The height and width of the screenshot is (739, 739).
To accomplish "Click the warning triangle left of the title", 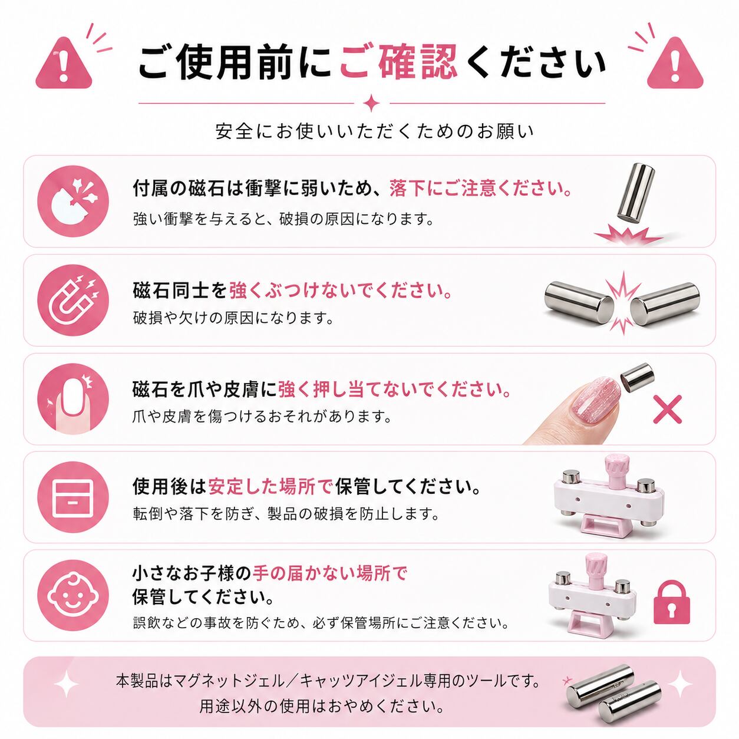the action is point(64,64).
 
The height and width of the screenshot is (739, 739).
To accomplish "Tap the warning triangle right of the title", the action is point(675,64).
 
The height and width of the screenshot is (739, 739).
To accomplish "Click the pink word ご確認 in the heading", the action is point(399,61).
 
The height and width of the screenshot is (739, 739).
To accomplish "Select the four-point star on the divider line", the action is point(371,103).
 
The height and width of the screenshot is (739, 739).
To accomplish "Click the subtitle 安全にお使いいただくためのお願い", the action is point(375,131).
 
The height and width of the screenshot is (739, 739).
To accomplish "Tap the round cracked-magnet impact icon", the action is point(73,202).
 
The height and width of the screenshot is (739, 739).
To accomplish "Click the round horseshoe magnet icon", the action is point(73,301).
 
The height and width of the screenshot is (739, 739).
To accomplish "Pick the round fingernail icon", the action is point(73,399).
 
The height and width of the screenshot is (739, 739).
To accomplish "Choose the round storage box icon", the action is point(73,497).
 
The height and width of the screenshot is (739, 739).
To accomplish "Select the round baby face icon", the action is point(73,596).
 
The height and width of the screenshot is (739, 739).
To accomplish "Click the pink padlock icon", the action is point(671,602).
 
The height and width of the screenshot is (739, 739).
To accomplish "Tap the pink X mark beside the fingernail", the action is point(667,409).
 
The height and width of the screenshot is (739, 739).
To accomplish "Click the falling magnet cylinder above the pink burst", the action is point(635,193).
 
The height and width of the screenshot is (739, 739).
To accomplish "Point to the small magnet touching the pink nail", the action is point(637,377).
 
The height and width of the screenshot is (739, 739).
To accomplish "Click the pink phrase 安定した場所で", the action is point(270,487).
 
